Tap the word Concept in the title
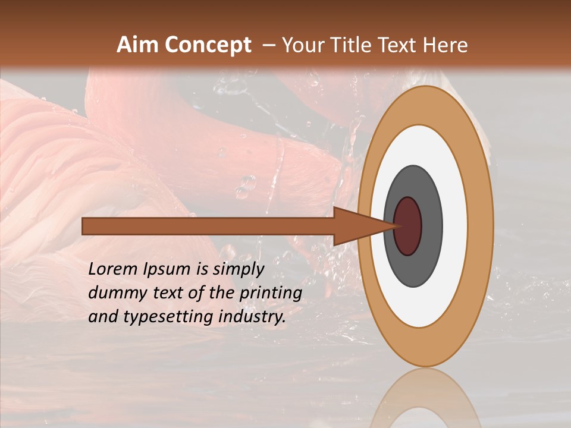click(208, 45)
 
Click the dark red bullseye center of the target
click(407, 226)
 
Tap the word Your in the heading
click(301, 45)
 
